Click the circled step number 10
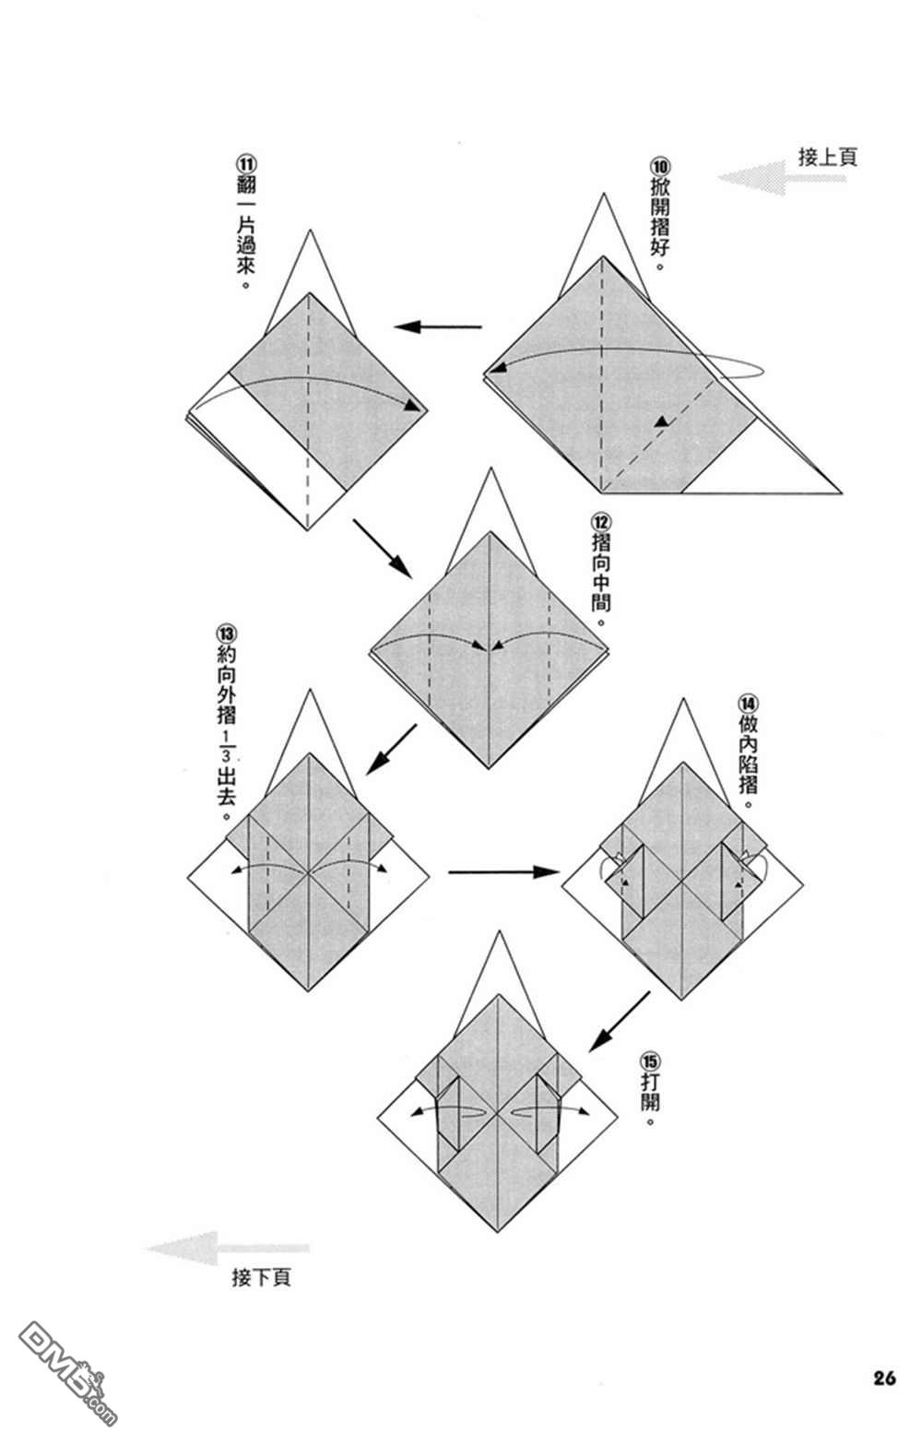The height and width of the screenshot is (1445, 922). pyautogui.click(x=659, y=166)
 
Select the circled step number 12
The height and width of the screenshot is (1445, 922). pyautogui.click(x=601, y=523)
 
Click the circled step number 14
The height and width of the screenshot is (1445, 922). pyautogui.click(x=748, y=703)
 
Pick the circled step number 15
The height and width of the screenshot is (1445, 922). pyautogui.click(x=649, y=1060)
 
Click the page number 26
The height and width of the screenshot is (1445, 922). pyautogui.click(x=884, y=1378)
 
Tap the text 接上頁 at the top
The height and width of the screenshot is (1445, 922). pyautogui.click(x=827, y=157)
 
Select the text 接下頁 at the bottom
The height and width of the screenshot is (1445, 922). pyautogui.click(x=261, y=1278)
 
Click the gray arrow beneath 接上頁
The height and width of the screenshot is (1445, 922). pyautogui.click(x=781, y=178)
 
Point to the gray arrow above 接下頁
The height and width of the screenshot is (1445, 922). pyautogui.click(x=227, y=1249)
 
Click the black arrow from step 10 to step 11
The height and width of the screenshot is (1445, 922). pyautogui.click(x=438, y=326)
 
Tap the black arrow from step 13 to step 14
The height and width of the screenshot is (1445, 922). pyautogui.click(x=503, y=872)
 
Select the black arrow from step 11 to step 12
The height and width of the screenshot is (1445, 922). pyautogui.click(x=382, y=549)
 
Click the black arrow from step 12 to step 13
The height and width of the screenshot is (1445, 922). pyautogui.click(x=391, y=749)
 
